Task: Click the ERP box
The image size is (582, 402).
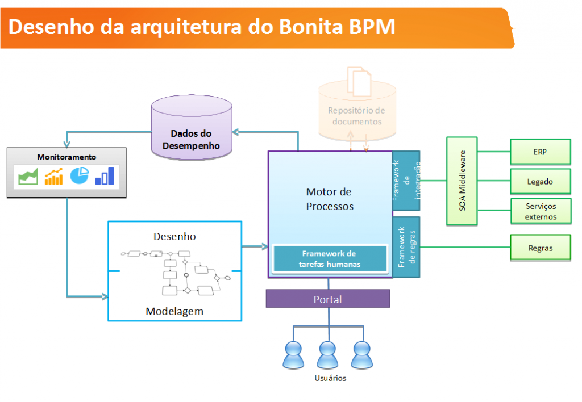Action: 541,152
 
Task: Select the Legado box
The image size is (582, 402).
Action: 541,181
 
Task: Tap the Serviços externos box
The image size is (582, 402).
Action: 541,211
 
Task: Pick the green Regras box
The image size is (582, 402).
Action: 541,248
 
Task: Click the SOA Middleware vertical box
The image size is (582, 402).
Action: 462,181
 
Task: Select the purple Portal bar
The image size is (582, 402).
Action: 328,299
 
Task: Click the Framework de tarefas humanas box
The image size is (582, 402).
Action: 330,258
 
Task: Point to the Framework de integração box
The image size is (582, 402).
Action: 406,181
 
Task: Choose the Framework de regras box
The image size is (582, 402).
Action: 406,247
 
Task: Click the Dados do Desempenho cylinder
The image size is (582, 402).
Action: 192,127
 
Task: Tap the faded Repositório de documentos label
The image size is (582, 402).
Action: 356,116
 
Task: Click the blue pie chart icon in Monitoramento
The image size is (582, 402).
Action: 80,175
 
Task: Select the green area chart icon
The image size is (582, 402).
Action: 28,176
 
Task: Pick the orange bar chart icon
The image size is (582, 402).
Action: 54,176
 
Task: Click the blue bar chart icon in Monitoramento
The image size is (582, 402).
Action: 105,176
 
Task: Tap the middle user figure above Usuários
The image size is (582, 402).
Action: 327,355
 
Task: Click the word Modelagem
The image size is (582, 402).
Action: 174,311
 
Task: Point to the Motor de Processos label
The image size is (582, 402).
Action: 330,199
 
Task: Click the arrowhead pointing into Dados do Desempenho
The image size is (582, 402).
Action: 235,132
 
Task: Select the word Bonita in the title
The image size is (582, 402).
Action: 311,27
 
